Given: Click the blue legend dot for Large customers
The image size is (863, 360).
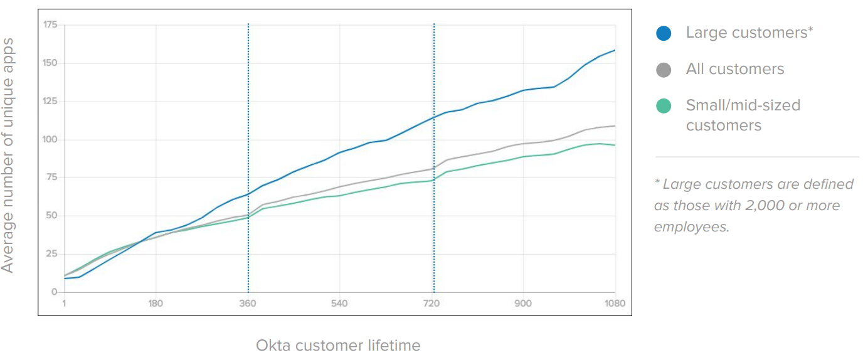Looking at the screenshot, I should [664, 33].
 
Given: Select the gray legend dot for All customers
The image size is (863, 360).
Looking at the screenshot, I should [664, 70].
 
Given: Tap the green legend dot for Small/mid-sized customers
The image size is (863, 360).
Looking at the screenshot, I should [664, 106].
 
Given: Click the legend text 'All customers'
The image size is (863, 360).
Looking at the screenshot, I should [735, 69].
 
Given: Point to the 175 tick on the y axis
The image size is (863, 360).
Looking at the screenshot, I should [50, 25].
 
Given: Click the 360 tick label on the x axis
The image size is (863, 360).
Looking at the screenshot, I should [248, 304].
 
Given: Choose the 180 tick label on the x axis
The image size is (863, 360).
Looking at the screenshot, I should [156, 304].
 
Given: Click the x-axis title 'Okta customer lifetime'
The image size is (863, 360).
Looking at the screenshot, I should [338, 345].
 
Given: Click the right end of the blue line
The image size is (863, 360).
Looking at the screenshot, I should [615, 50].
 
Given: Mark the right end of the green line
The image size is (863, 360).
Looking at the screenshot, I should [615, 145].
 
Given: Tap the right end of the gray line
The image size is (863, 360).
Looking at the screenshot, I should [615, 126].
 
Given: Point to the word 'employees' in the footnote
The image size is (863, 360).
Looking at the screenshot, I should [691, 227].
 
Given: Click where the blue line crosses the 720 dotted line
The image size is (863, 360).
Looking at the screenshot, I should [434, 117].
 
